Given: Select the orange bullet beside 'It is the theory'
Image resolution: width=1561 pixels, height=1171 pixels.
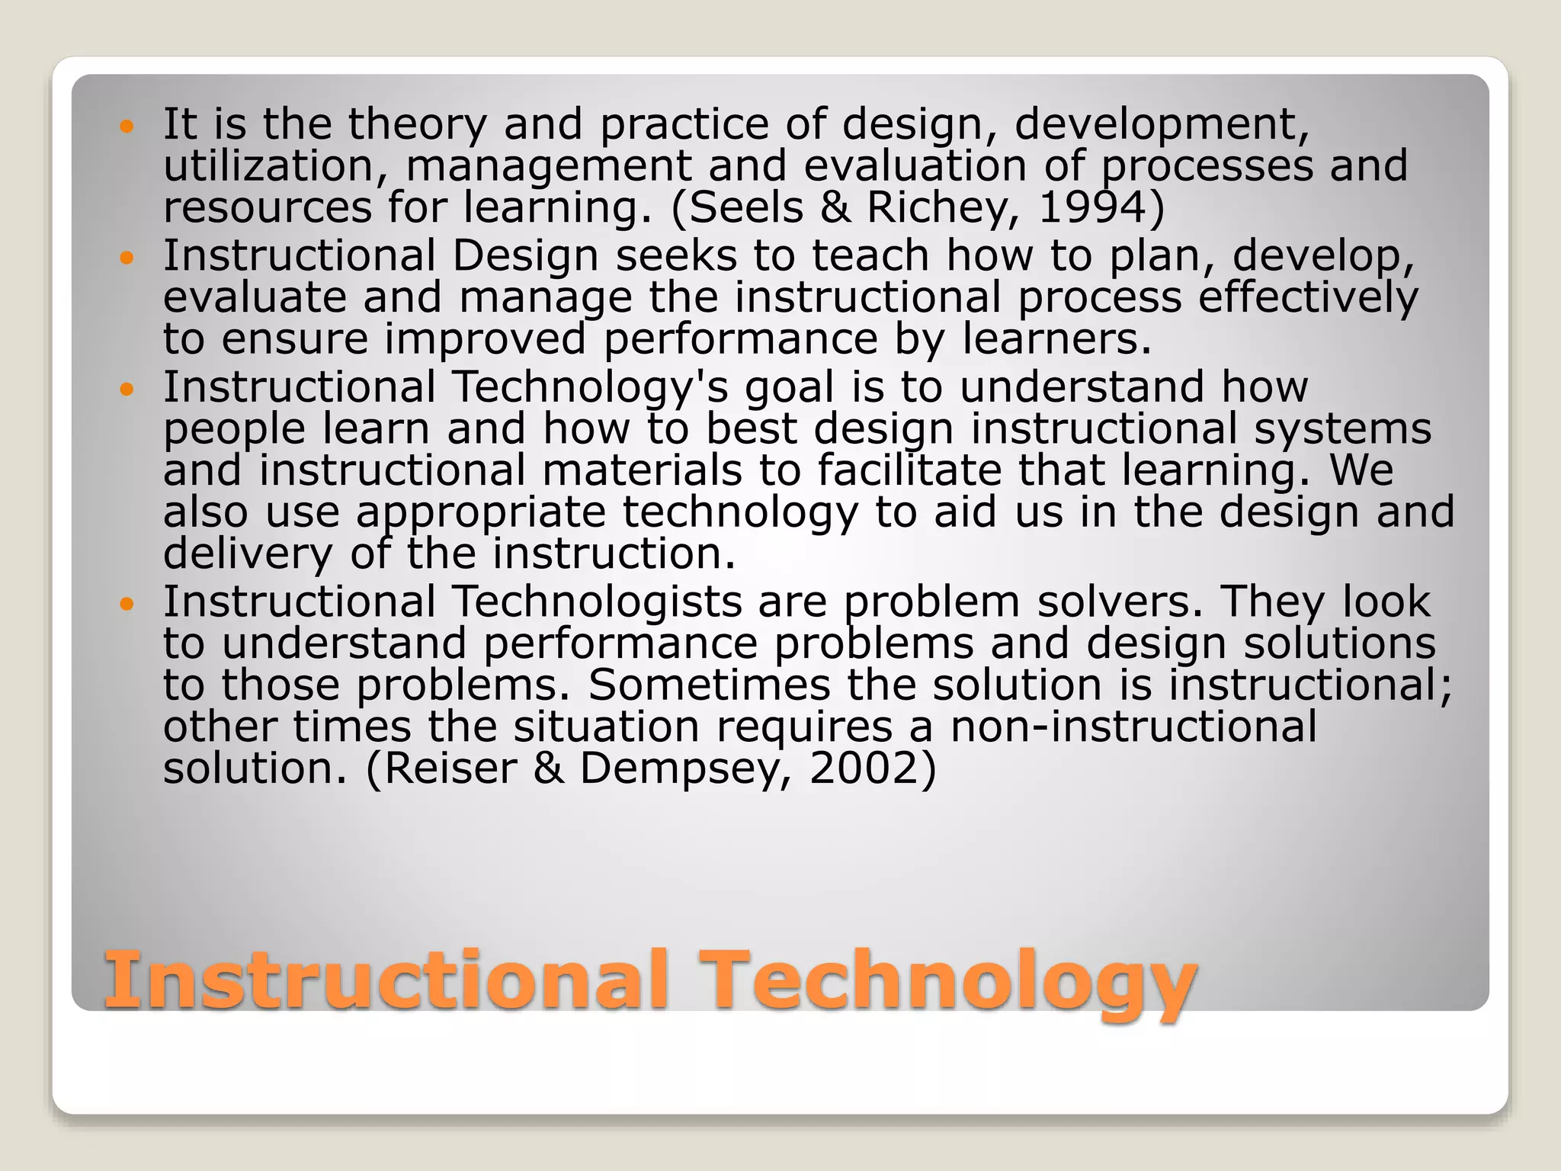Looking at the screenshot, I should (127, 127).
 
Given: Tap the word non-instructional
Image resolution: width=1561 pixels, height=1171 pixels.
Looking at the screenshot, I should (1133, 726).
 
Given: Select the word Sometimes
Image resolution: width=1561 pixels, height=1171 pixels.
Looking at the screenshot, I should (709, 685).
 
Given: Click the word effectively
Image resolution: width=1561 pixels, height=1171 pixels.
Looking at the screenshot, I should (1308, 297).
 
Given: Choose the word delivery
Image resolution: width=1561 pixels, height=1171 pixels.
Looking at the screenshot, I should (248, 554).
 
